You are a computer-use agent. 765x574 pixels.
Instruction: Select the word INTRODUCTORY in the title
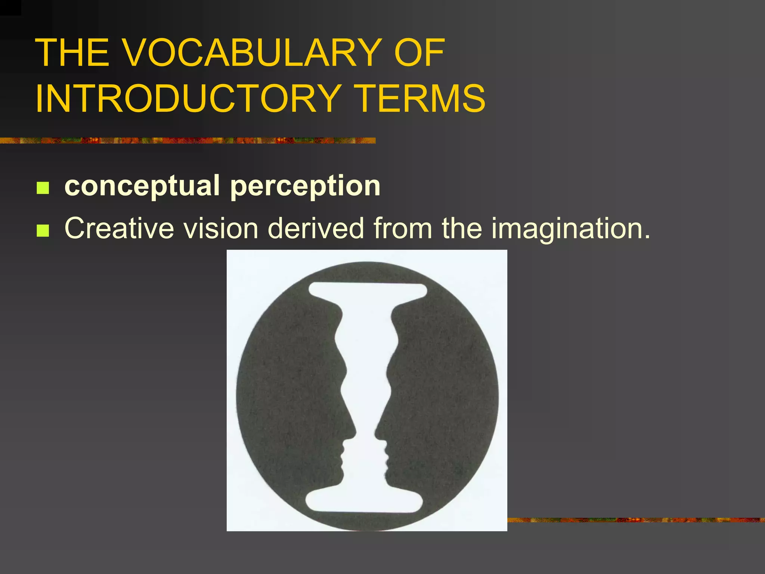(x=187, y=99)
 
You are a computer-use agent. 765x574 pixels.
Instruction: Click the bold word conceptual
(x=142, y=186)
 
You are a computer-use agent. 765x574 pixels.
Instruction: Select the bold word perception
(x=305, y=186)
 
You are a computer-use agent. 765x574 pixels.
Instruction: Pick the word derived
(x=316, y=228)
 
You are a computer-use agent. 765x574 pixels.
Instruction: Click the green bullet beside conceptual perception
(x=43, y=188)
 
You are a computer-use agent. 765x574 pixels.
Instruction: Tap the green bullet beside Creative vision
(x=43, y=231)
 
